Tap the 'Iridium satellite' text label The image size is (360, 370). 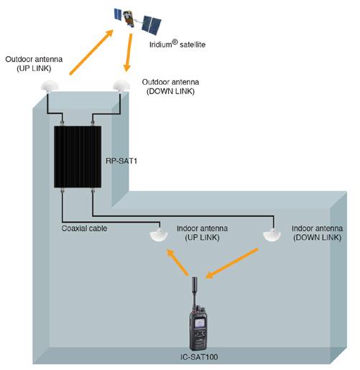tap(177, 44)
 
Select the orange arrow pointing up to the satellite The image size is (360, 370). tap(91, 52)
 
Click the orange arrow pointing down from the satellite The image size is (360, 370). tap(128, 52)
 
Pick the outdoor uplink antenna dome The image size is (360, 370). tap(50, 86)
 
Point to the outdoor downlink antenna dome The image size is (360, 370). tap(121, 85)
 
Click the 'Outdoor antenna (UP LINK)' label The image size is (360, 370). tap(34, 64)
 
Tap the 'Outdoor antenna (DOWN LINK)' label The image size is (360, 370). tap(170, 86)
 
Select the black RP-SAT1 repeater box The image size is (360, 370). tap(78, 157)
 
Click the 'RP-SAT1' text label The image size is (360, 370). tap(121, 161)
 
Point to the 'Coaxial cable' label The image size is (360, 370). tap(84, 228)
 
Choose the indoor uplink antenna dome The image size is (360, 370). tap(158, 235)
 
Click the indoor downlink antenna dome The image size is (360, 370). tap(272, 235)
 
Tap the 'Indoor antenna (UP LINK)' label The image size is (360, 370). tap(202, 233)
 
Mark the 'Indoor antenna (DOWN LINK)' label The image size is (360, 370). tap(318, 233)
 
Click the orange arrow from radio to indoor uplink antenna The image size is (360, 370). tap(177, 262)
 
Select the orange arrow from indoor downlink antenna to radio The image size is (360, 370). tap(232, 264)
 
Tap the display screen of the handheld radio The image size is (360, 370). tap(200, 323)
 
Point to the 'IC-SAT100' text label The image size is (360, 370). tap(199, 357)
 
